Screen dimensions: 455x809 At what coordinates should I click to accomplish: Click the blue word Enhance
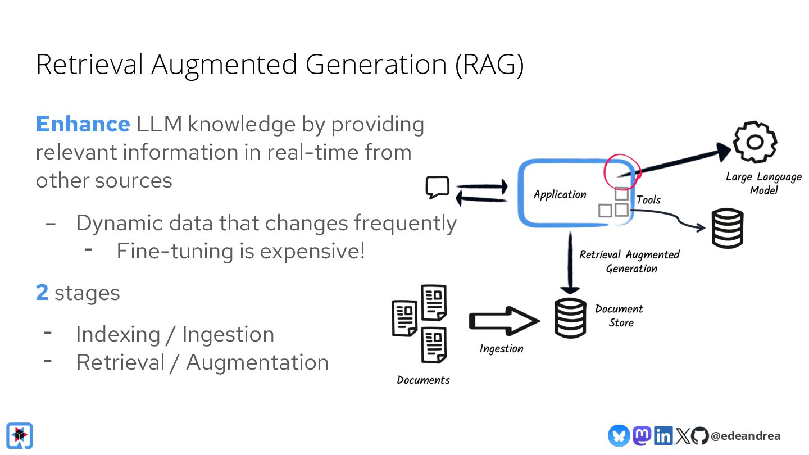[83, 124]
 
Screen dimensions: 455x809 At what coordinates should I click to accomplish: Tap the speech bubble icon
[438, 188]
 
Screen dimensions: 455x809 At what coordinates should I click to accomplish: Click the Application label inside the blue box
[560, 194]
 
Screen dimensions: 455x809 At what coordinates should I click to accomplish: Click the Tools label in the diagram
[648, 199]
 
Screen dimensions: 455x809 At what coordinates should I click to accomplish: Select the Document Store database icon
[570, 319]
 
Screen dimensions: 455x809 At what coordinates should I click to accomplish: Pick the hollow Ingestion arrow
[503, 321]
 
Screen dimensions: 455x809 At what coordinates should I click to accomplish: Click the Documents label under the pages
[423, 380]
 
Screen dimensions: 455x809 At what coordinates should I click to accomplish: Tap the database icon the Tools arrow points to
[728, 228]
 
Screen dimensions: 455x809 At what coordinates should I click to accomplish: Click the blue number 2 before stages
[42, 293]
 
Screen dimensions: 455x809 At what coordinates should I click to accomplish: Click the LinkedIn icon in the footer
[663, 435]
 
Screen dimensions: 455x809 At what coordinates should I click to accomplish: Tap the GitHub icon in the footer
[699, 436]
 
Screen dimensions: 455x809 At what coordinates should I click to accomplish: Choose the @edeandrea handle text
[745, 436]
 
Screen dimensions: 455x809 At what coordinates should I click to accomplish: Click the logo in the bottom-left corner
[20, 436]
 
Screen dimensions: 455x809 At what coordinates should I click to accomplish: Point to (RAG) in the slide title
[489, 65]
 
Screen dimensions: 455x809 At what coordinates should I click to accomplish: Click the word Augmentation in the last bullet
[257, 362]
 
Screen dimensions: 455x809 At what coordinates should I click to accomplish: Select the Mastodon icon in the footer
[642, 435]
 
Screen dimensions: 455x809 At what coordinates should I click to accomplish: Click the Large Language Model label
[763, 184]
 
